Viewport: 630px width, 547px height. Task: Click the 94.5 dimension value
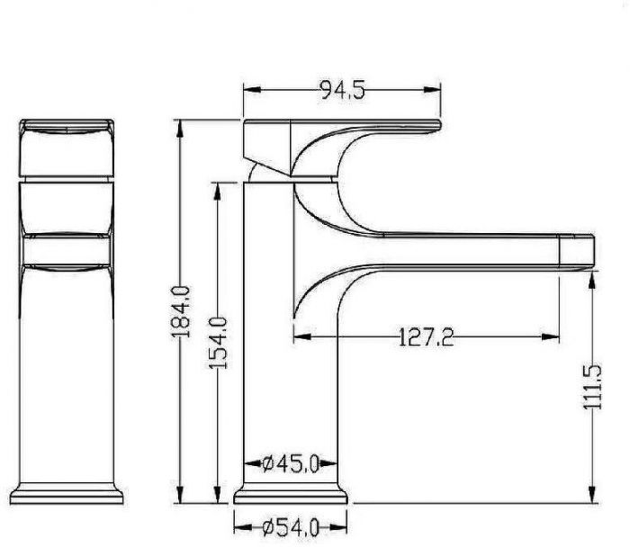point(342,90)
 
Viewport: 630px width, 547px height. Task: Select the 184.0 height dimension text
point(180,311)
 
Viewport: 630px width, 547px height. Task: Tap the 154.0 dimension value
point(218,343)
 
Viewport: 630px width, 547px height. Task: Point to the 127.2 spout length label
point(426,336)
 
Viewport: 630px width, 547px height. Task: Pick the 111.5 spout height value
point(592,387)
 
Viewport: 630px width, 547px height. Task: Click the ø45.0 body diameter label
point(291,464)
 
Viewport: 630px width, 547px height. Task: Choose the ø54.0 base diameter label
point(291,527)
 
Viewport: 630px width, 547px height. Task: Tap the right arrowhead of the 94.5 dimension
point(432,90)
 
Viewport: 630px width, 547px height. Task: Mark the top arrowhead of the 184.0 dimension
point(180,129)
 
